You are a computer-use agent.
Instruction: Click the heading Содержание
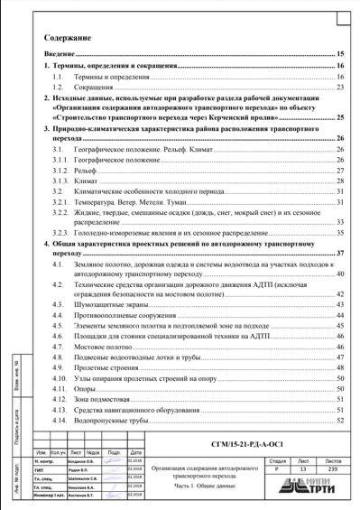(68, 39)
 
